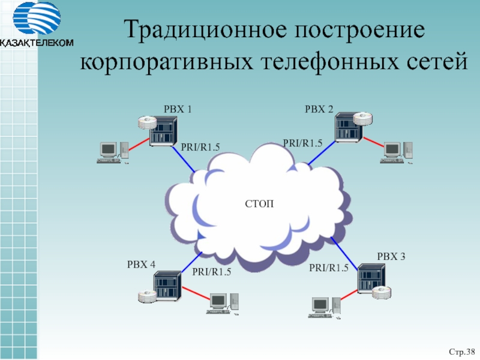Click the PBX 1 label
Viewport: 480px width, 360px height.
pos(178,109)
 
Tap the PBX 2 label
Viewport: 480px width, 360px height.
pos(319,109)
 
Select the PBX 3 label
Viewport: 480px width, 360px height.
pos(391,257)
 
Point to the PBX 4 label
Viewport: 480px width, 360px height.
pos(141,265)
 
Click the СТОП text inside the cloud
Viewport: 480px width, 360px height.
pos(260,205)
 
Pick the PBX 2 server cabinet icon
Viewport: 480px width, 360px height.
pos(347,128)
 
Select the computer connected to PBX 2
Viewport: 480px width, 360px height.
pos(396,152)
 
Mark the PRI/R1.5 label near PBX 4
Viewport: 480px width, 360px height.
pos(211,272)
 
